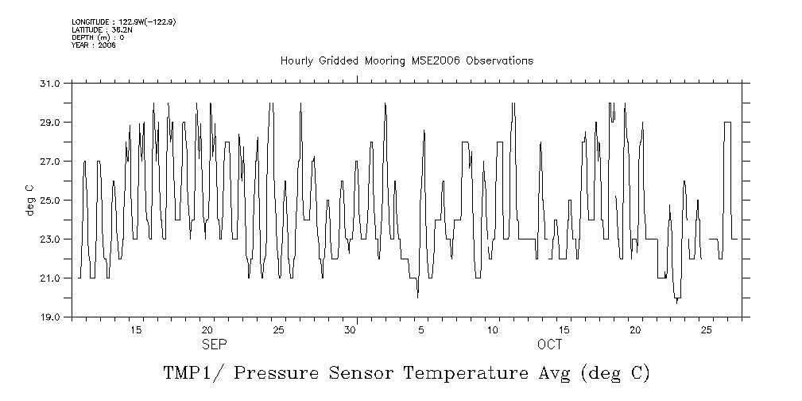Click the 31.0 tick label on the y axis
click(x=50, y=84)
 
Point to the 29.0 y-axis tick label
click(x=50, y=123)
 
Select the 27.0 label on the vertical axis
click(x=50, y=162)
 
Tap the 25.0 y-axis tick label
click(x=50, y=200)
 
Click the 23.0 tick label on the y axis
click(x=50, y=239)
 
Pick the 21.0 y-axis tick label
click(x=50, y=278)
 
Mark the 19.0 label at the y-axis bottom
click(x=50, y=317)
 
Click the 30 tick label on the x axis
click(x=350, y=329)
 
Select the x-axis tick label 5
click(x=421, y=329)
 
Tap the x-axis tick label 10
click(x=493, y=329)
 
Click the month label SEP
click(x=215, y=345)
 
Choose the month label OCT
click(x=549, y=345)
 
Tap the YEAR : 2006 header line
click(x=94, y=45)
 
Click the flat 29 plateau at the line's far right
click(x=727, y=123)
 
